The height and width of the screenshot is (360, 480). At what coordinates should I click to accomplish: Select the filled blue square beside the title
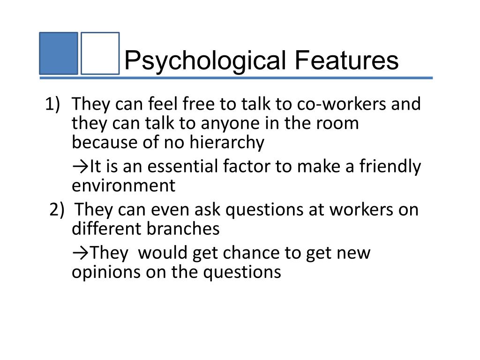pyautogui.click(x=58, y=53)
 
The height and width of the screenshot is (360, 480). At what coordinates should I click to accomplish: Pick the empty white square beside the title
pyautogui.click(x=100, y=53)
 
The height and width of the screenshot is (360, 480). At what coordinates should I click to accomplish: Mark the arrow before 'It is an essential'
pyautogui.click(x=80, y=166)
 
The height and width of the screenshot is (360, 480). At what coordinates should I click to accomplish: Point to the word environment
pyautogui.click(x=123, y=186)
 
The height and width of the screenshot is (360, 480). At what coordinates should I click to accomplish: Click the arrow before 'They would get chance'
pyautogui.click(x=80, y=253)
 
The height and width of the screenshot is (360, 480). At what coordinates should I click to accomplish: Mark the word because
pyautogui.click(x=104, y=143)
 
